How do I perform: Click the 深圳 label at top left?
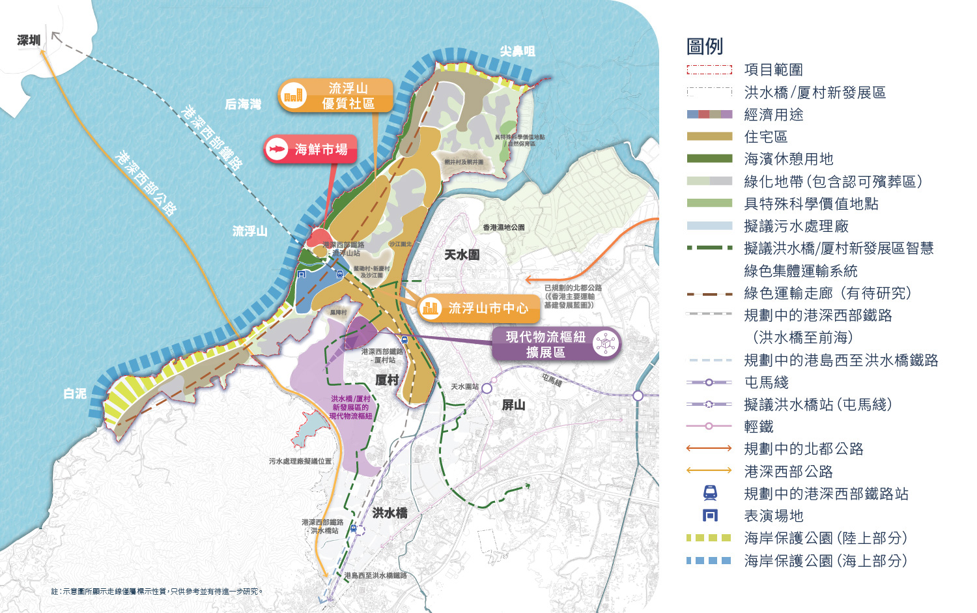(x=29, y=41)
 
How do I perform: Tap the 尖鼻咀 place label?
(x=517, y=51)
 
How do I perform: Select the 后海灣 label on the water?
(x=243, y=104)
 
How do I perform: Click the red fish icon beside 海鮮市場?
(x=277, y=149)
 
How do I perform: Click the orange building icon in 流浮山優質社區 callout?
(x=293, y=96)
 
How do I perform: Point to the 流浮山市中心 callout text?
(x=488, y=308)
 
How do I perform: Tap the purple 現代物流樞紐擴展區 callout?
(x=546, y=344)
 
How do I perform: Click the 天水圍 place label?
(x=462, y=255)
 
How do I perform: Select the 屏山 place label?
(x=513, y=405)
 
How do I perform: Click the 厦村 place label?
(x=386, y=380)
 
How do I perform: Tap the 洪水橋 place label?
(x=389, y=513)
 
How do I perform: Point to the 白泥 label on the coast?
(x=75, y=393)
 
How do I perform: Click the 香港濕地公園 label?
(x=503, y=227)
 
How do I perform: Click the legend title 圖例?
(x=705, y=46)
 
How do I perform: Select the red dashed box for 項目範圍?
(x=709, y=70)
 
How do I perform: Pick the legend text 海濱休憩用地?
(x=789, y=159)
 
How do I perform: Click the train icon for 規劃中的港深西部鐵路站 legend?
(x=710, y=493)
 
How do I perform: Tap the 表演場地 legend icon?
(x=710, y=516)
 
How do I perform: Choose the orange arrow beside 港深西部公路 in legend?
(x=709, y=470)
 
